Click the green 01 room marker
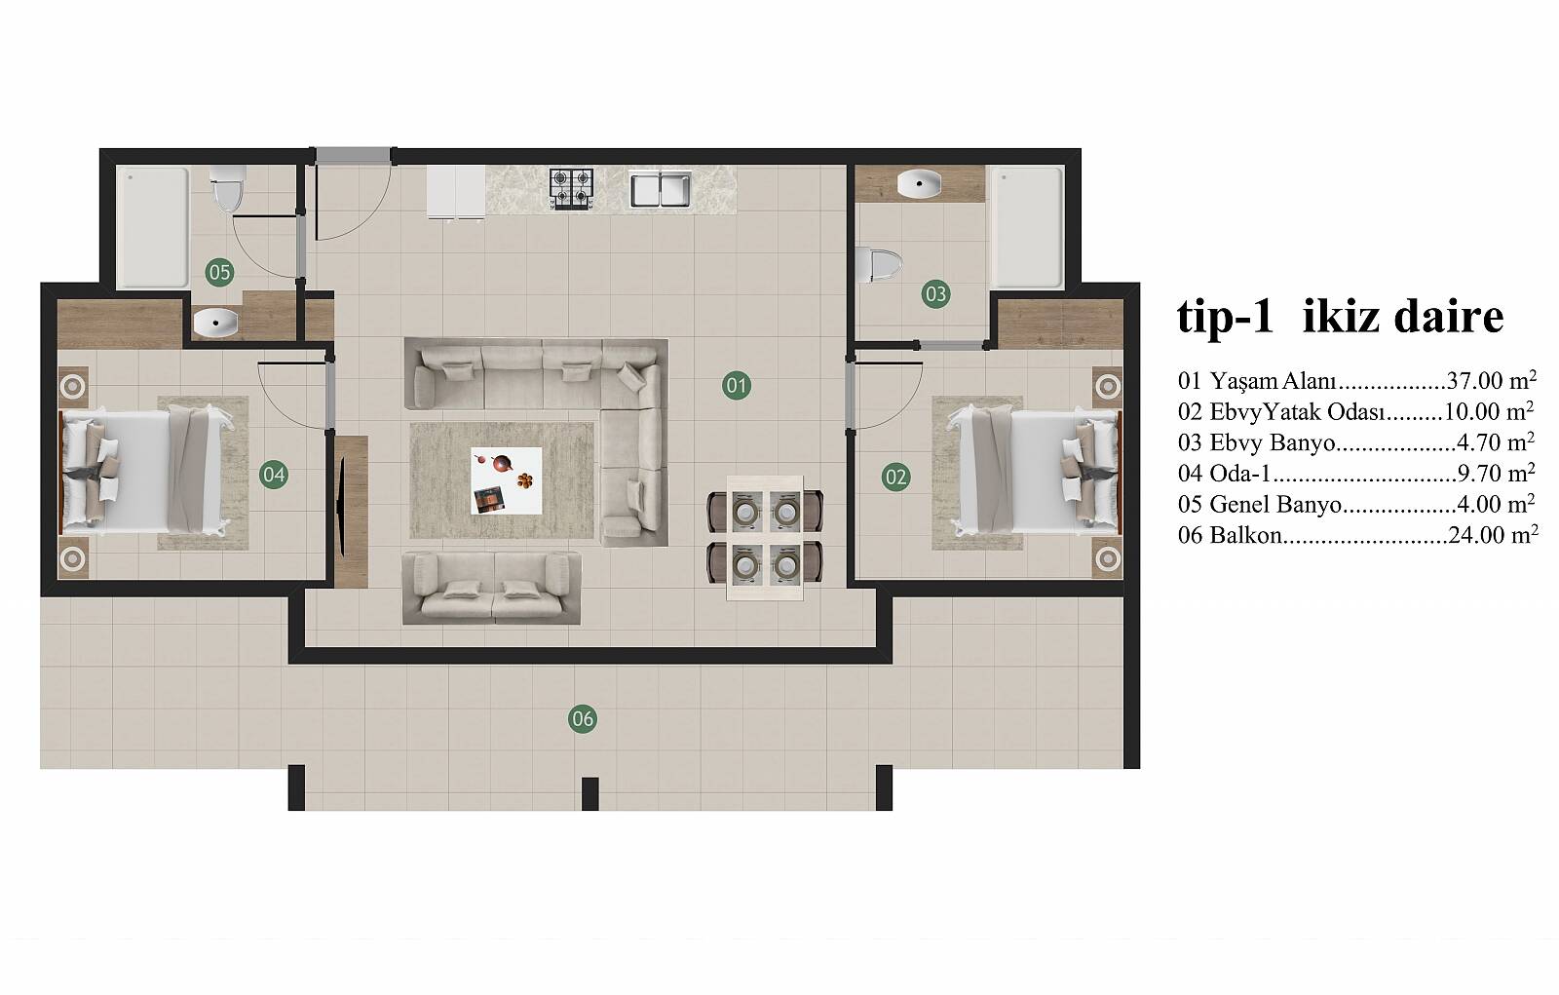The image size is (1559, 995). point(737,386)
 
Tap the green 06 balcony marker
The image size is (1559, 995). point(583,718)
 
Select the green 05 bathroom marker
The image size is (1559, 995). point(219,272)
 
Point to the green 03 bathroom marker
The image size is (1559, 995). point(935,294)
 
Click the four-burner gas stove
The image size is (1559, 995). point(571,189)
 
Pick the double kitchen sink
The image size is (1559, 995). point(661,189)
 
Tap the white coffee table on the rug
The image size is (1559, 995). point(506,480)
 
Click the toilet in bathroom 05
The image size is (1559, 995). point(227,189)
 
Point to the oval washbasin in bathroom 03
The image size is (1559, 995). point(919,184)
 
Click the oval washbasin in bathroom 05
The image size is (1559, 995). point(215,324)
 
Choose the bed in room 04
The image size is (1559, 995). point(146,472)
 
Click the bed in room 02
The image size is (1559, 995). point(1035,472)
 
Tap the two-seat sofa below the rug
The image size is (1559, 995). point(491,588)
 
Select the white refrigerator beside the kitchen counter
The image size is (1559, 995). point(456,192)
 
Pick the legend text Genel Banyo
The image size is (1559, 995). point(1275,504)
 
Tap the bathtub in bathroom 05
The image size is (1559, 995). point(152,227)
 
